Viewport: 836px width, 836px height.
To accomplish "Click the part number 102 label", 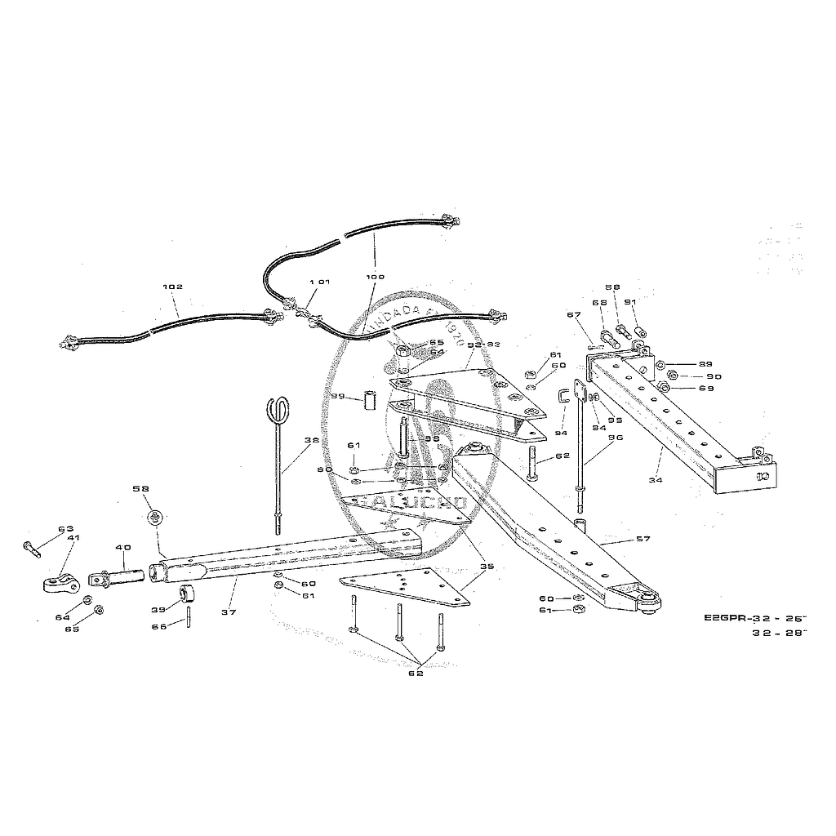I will point(172,287).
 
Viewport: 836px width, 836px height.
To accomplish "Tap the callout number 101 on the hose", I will point(318,282).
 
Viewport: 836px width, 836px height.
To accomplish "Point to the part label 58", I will point(141,489).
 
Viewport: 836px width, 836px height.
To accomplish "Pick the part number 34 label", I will point(655,481).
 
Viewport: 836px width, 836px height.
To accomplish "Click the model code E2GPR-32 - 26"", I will point(754,617).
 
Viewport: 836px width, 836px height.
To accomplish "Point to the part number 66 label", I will point(160,627).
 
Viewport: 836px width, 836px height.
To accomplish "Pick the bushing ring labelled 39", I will point(187,592).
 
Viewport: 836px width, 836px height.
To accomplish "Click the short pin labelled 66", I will point(189,617).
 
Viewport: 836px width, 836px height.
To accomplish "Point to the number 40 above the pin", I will point(122,547).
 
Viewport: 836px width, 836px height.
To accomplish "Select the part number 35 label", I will point(487,565).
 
